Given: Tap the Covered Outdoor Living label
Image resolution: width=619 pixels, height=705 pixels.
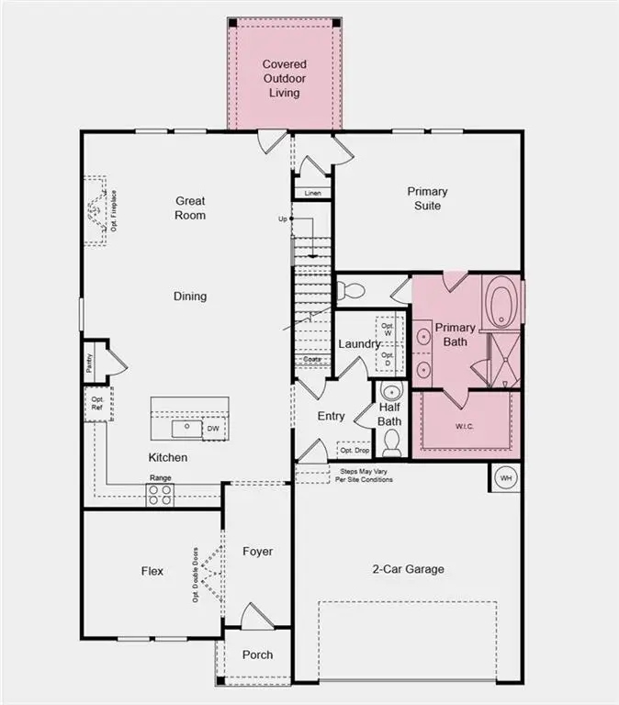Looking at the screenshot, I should tap(283, 78).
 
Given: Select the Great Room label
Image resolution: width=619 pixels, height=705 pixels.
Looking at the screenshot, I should tap(190, 207).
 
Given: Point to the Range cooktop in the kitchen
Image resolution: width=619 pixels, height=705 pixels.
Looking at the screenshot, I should tap(161, 494).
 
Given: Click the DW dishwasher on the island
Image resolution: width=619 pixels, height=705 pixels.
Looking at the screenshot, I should tap(213, 429).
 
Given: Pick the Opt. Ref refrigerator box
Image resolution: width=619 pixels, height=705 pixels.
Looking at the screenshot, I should tap(96, 405).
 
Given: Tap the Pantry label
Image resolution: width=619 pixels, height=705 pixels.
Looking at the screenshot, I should tap(90, 362).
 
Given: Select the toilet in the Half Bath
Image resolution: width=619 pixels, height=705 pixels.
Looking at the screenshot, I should tap(391, 443).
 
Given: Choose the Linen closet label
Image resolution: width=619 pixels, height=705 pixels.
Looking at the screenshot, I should tap(312, 193).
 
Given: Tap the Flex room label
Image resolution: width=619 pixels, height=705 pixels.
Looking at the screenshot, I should tap(152, 571).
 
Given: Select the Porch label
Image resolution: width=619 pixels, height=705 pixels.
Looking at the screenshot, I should tap(257, 655).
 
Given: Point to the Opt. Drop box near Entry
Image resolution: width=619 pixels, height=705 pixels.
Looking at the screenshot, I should tap(354, 450).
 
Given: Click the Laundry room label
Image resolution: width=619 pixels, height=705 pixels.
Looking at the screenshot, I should tap(359, 343).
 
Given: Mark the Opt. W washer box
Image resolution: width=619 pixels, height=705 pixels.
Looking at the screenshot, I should tap(388, 328).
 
